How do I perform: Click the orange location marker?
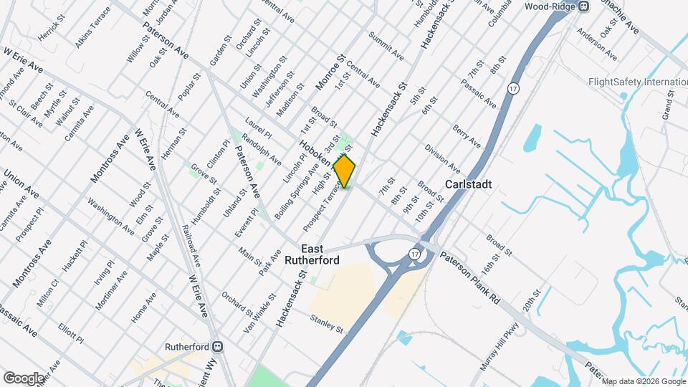pos(345,171)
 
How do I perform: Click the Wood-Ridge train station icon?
pos(584,6)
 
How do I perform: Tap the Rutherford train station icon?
pos(216,346)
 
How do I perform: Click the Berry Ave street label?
pos(466,136)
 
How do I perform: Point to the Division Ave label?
pos(441,154)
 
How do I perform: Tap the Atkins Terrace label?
pos(92,28)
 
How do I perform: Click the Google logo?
pos(24,378)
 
